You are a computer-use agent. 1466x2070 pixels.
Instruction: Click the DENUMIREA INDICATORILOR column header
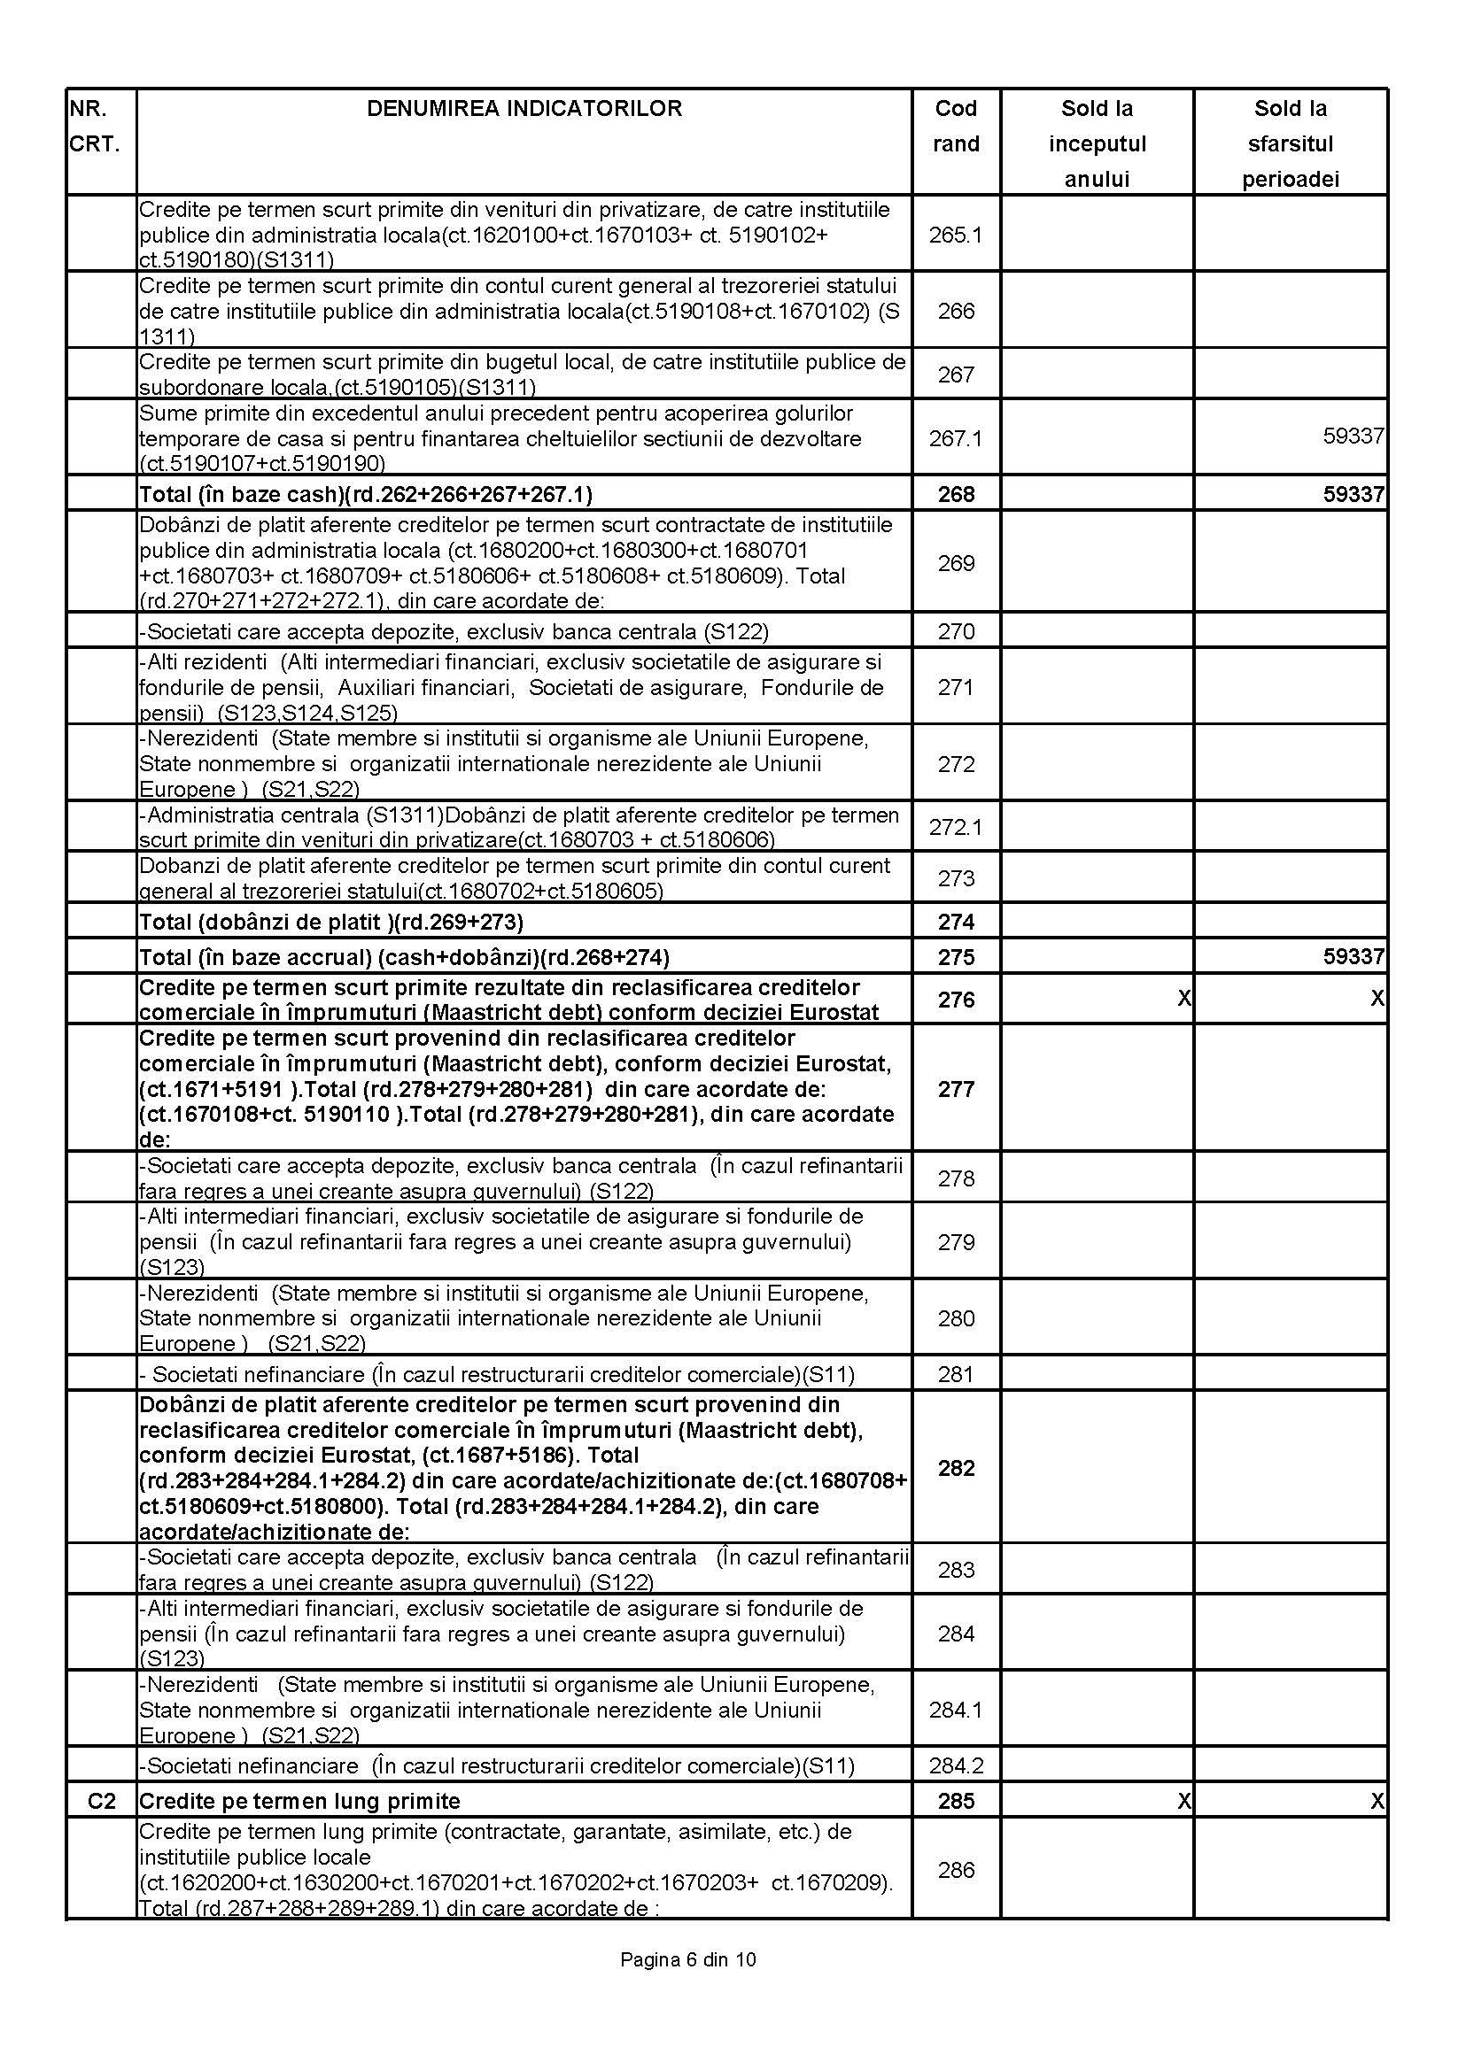(524, 109)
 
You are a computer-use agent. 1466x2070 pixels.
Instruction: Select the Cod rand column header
(956, 127)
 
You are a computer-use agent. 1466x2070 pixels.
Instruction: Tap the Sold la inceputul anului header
(1097, 143)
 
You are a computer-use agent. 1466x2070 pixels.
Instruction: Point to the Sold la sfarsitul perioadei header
(1290, 143)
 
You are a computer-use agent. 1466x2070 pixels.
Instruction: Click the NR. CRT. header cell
(95, 127)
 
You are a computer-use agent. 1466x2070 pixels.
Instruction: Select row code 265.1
(956, 235)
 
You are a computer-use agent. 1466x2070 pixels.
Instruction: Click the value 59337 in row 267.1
(1354, 436)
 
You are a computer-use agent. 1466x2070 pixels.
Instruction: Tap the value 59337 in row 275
(1354, 956)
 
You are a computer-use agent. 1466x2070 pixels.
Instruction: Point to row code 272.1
(956, 827)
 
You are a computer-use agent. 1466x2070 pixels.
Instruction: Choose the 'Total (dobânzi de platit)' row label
(331, 923)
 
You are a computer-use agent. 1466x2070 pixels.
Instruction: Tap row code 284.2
(956, 1765)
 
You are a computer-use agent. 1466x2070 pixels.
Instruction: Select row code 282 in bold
(956, 1468)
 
